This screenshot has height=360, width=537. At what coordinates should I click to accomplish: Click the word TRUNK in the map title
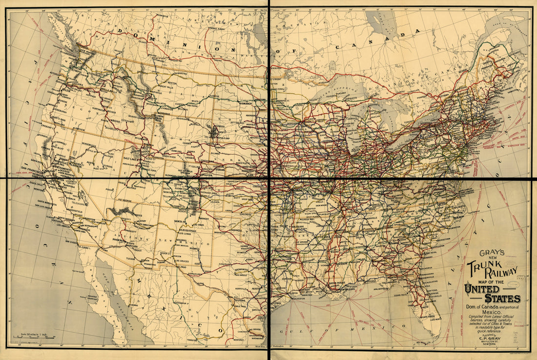click(481, 267)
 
